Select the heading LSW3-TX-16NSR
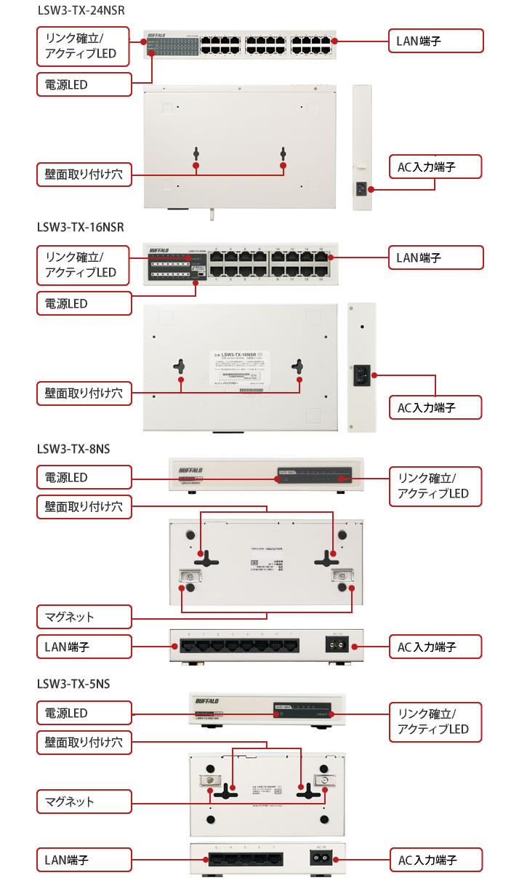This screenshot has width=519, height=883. tap(81, 227)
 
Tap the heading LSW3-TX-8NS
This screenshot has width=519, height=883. tap(73, 449)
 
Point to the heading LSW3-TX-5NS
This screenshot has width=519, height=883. tap(73, 684)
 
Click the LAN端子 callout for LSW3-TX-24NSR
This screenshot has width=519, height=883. tap(435, 41)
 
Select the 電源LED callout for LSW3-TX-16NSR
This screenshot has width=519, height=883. tap(84, 303)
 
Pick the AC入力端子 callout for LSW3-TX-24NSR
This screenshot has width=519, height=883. tap(435, 167)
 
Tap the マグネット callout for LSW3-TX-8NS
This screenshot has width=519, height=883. tap(84, 617)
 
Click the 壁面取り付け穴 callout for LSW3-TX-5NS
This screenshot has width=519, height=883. tap(84, 743)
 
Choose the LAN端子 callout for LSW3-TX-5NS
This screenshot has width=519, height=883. tap(84, 860)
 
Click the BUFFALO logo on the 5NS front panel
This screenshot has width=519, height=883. tap(212, 701)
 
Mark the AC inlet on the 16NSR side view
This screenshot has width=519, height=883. tap(361, 376)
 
